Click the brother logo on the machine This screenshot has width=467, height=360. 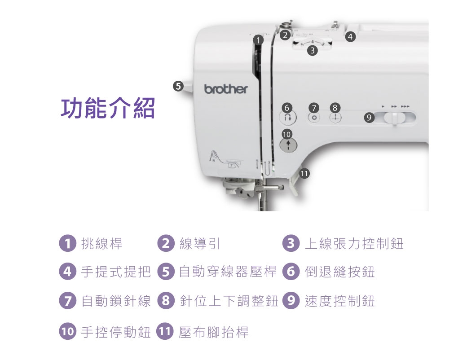226,89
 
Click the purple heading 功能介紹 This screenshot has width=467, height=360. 108,108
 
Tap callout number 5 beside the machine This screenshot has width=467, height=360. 178,86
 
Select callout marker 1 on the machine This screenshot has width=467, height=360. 258,40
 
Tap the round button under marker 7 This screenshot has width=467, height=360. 314,118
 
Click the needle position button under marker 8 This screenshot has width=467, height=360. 335,118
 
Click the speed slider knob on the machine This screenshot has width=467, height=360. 394,119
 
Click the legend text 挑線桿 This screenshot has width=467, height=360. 102,244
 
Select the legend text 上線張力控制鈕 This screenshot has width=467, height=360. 354,244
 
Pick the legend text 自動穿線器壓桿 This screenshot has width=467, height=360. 228,272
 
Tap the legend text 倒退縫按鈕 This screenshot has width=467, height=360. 339,272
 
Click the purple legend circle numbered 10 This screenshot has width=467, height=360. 67,332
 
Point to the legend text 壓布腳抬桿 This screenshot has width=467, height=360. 213,332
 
